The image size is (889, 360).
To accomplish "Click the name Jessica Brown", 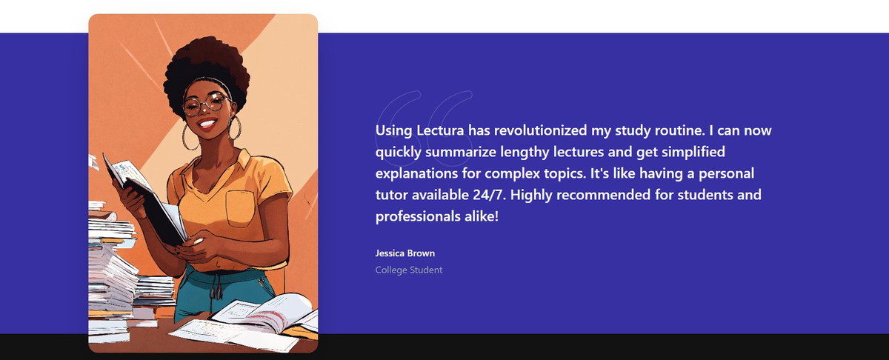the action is click(x=404, y=253).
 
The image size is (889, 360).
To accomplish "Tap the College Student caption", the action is click(x=409, y=270).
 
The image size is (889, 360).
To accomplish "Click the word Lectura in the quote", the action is click(x=440, y=130).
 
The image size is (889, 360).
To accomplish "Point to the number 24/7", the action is click(x=489, y=195).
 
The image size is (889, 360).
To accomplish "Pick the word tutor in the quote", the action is click(x=391, y=195).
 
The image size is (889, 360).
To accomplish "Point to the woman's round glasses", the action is click(x=207, y=104).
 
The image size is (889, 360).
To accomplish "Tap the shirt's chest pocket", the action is click(x=240, y=209).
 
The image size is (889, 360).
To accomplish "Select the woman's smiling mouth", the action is click(x=207, y=124).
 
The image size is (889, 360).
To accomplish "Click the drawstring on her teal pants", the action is click(x=216, y=287).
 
